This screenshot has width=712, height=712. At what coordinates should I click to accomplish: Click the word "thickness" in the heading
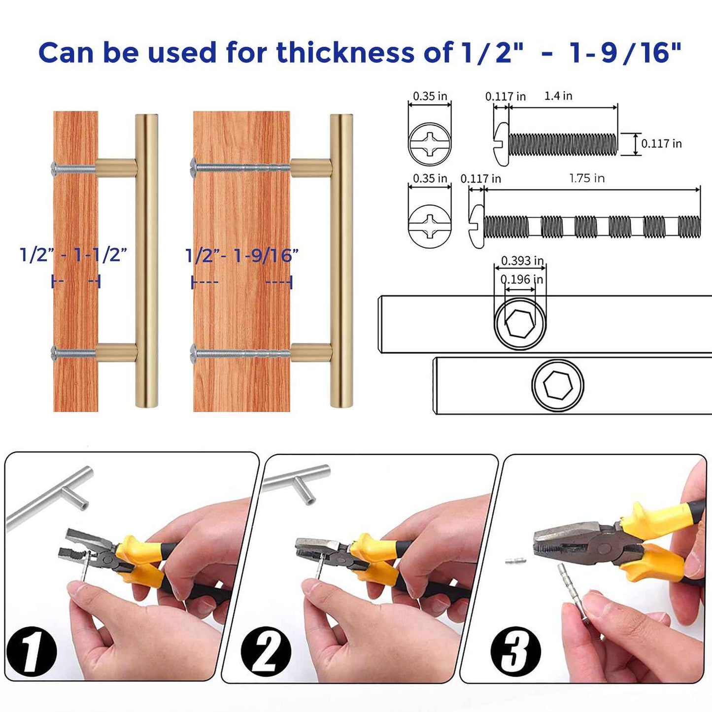tap(345, 53)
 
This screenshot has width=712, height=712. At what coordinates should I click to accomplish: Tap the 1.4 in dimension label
tap(558, 96)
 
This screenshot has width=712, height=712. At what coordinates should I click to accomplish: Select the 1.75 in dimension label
tap(586, 178)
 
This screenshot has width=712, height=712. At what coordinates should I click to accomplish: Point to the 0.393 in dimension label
tap(522, 261)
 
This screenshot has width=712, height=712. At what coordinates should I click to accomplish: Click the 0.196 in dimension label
tap(521, 279)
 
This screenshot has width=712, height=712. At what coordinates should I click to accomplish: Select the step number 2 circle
tap(266, 651)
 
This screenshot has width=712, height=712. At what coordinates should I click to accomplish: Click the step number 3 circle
tap(515, 651)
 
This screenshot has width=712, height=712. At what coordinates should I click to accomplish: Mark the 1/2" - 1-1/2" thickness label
tap(73, 255)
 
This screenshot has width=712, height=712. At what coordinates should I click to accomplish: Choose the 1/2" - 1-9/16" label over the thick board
tap(241, 256)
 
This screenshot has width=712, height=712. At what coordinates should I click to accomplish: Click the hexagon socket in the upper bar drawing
tap(520, 324)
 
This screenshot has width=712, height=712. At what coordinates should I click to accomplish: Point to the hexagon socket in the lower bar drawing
tap(558, 385)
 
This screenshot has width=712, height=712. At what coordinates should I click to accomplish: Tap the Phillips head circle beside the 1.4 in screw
tap(430, 144)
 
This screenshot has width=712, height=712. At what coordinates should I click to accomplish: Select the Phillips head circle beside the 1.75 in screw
tap(430, 226)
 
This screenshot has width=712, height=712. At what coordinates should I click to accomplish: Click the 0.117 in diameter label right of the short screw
tap(661, 144)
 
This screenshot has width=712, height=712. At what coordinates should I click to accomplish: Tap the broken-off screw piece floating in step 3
tap(515, 560)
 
